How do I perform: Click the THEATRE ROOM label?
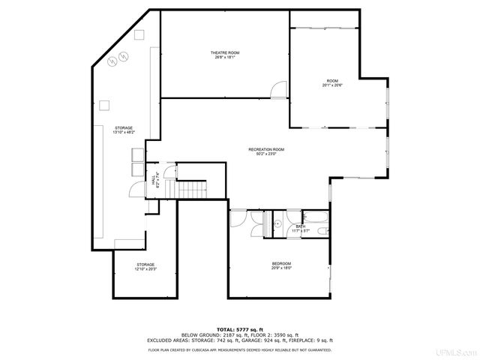[224, 52]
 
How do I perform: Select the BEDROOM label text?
[281, 263]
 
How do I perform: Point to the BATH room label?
[301, 226]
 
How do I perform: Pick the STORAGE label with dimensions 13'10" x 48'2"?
[124, 128]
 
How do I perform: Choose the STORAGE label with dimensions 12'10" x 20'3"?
[145, 265]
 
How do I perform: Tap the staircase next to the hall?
[191, 190]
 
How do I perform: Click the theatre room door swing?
[278, 90]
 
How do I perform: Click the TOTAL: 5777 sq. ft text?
[240, 329]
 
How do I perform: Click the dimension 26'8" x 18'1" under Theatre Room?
[224, 57]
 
